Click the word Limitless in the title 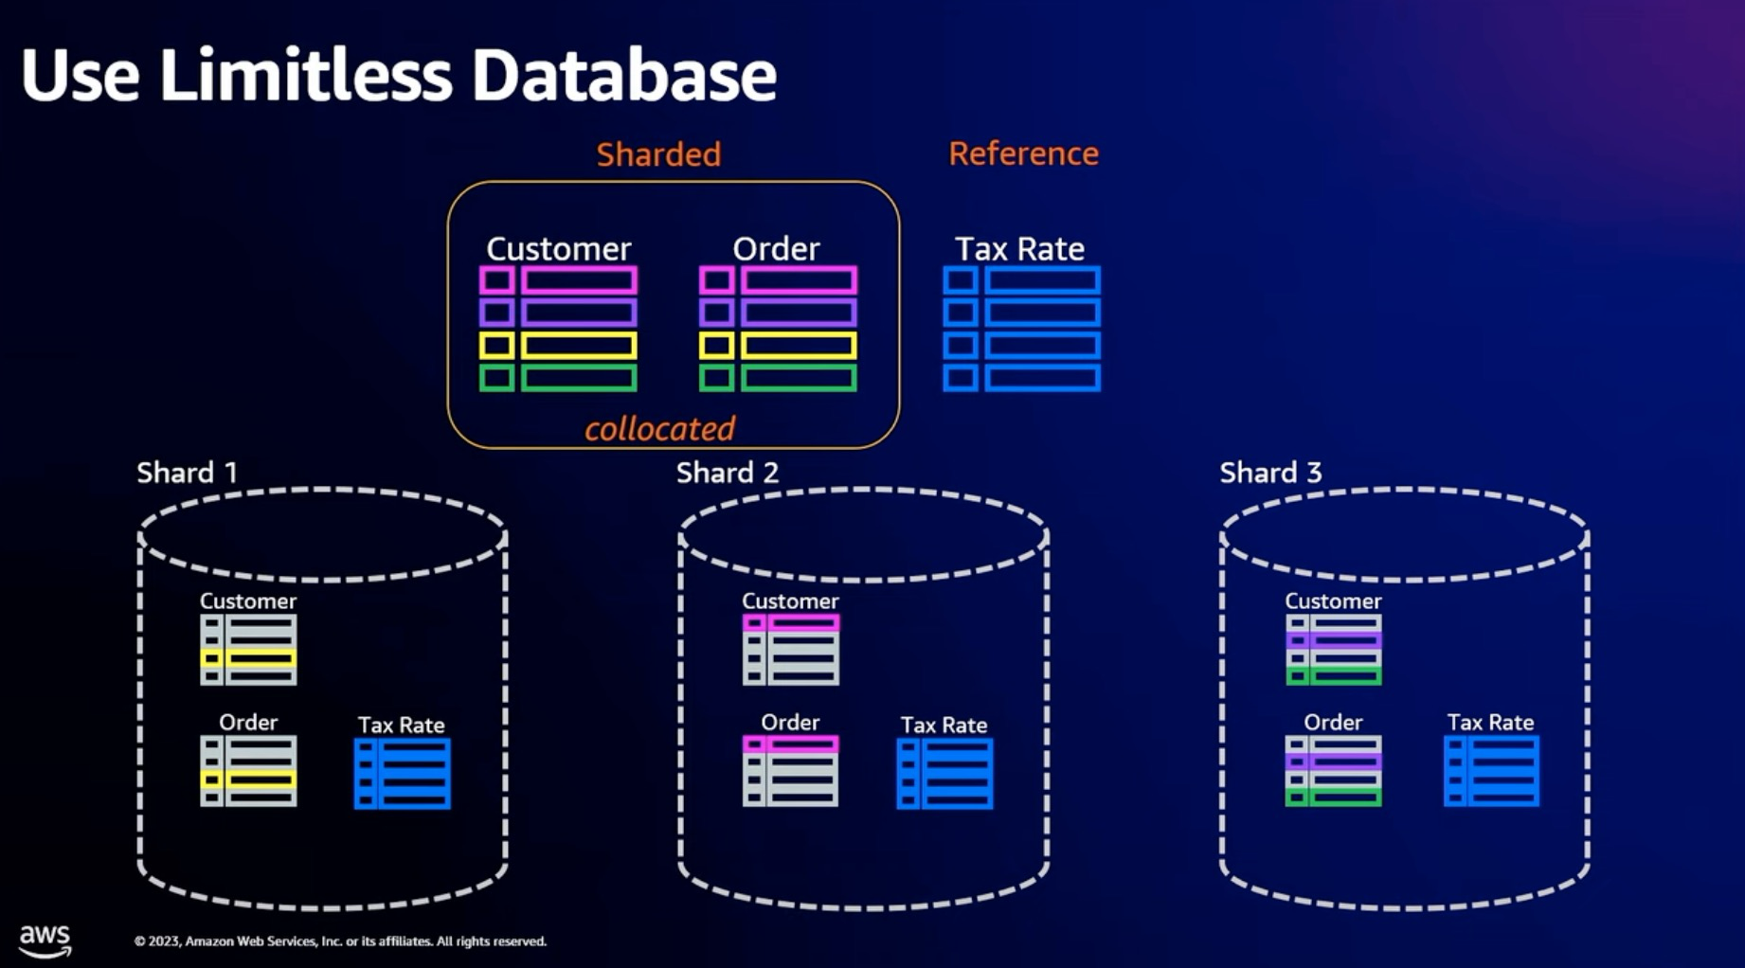(306, 75)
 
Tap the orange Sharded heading (658, 154)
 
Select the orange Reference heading (1023, 153)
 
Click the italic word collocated (659, 429)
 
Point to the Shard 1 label (187, 473)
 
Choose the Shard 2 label (727, 473)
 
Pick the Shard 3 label (1269, 473)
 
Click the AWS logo (45, 940)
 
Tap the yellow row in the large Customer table (558, 346)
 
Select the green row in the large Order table (778, 378)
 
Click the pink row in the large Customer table (558, 280)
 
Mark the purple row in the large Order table (778, 313)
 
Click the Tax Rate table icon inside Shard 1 (402, 774)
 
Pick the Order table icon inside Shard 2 (790, 771)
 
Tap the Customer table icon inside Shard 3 (1333, 650)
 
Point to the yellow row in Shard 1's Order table (248, 780)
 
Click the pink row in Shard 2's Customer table (790, 623)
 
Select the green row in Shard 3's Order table (1333, 797)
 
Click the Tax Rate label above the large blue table (1019, 249)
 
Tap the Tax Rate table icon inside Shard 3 (1491, 772)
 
